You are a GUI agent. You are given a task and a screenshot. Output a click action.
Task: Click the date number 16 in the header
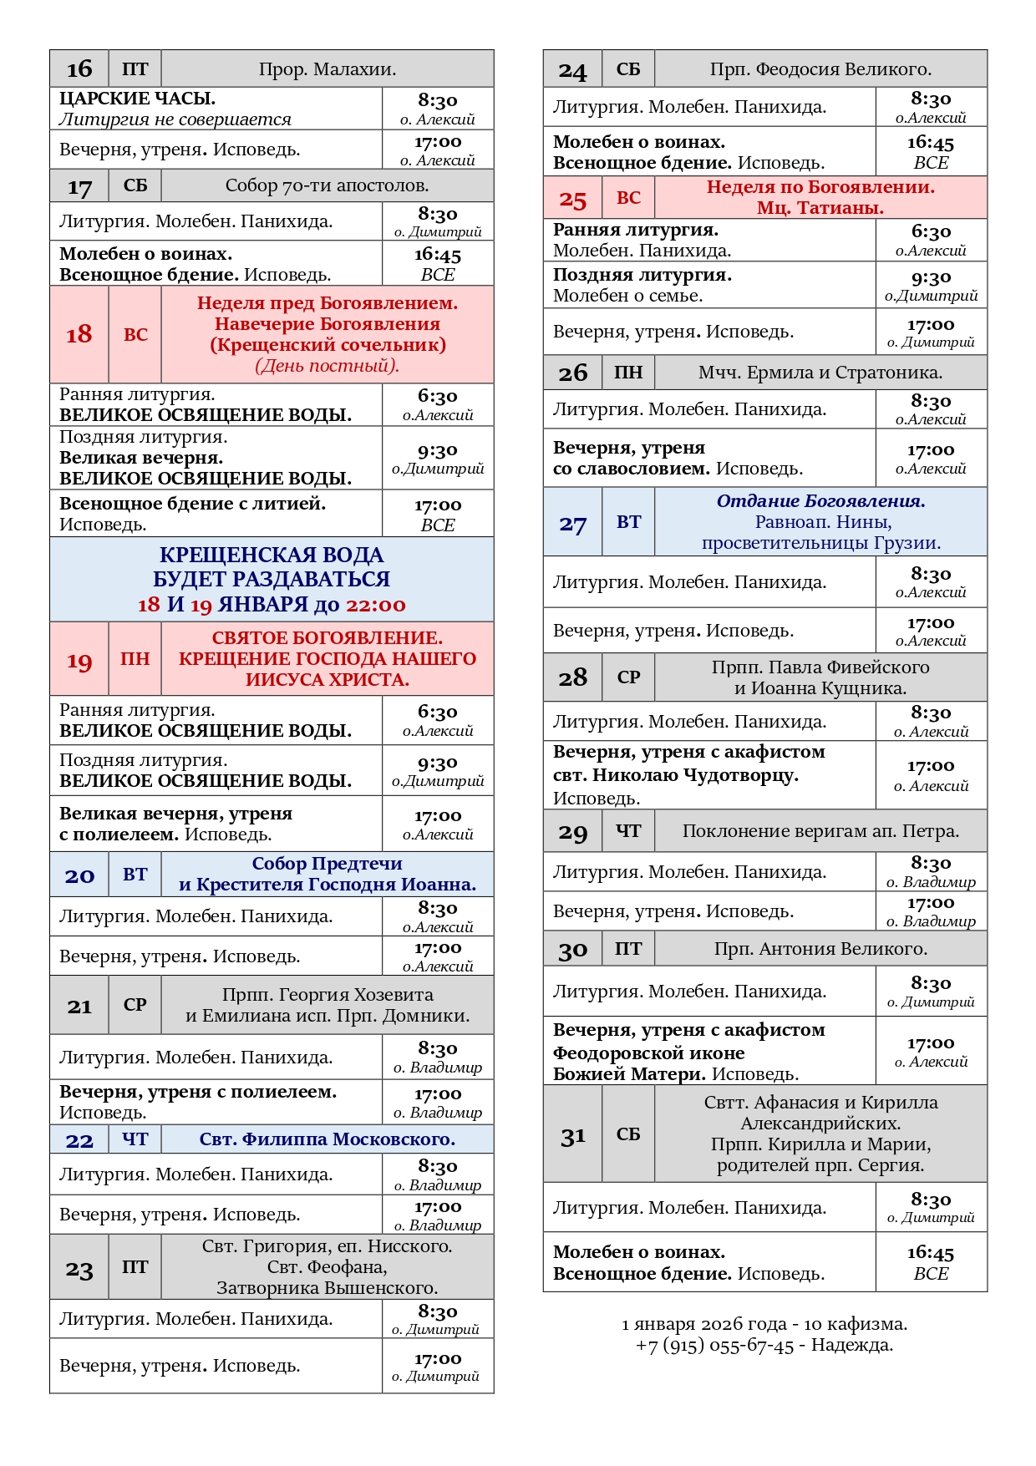point(79,69)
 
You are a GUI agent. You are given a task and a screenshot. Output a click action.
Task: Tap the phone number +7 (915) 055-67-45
point(714,1345)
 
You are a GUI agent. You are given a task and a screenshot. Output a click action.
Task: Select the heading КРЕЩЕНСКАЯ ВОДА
point(272,555)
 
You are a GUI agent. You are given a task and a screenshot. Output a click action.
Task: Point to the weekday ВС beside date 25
point(628,198)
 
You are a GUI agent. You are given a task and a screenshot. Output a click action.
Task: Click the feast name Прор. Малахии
point(328,69)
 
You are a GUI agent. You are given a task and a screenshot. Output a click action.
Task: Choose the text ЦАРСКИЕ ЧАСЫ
point(137,99)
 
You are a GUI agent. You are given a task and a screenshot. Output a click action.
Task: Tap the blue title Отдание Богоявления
point(820,501)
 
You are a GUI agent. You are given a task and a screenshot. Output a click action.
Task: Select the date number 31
point(573,1136)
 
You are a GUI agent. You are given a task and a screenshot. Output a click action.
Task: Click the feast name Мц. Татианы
point(820,208)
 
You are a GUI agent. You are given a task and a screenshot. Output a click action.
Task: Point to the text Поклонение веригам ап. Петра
point(820,831)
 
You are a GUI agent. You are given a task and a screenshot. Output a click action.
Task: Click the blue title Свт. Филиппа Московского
point(328,1139)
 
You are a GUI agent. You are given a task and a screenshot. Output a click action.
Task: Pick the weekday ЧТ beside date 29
point(628,831)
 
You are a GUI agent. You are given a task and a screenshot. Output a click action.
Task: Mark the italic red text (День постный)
point(328,366)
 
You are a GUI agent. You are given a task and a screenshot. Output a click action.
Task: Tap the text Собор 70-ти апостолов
point(328,185)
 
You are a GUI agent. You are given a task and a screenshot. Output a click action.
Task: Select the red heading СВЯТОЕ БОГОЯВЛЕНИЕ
point(328,638)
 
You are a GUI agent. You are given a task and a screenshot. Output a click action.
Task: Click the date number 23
point(79,1270)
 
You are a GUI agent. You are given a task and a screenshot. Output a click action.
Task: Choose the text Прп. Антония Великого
point(820,949)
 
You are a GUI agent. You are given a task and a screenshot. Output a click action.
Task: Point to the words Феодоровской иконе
point(648,1053)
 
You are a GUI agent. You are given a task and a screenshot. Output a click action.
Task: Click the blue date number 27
point(573,524)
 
